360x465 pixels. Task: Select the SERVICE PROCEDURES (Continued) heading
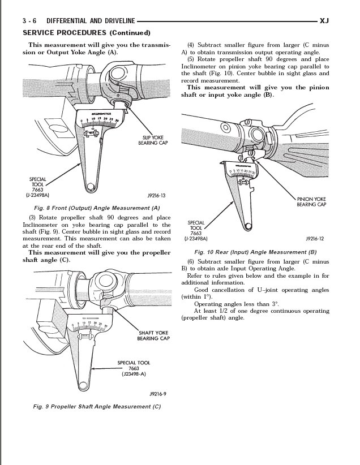coord(86,33)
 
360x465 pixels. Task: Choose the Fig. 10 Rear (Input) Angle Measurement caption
coord(255,252)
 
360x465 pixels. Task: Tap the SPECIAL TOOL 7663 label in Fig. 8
coord(38,187)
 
